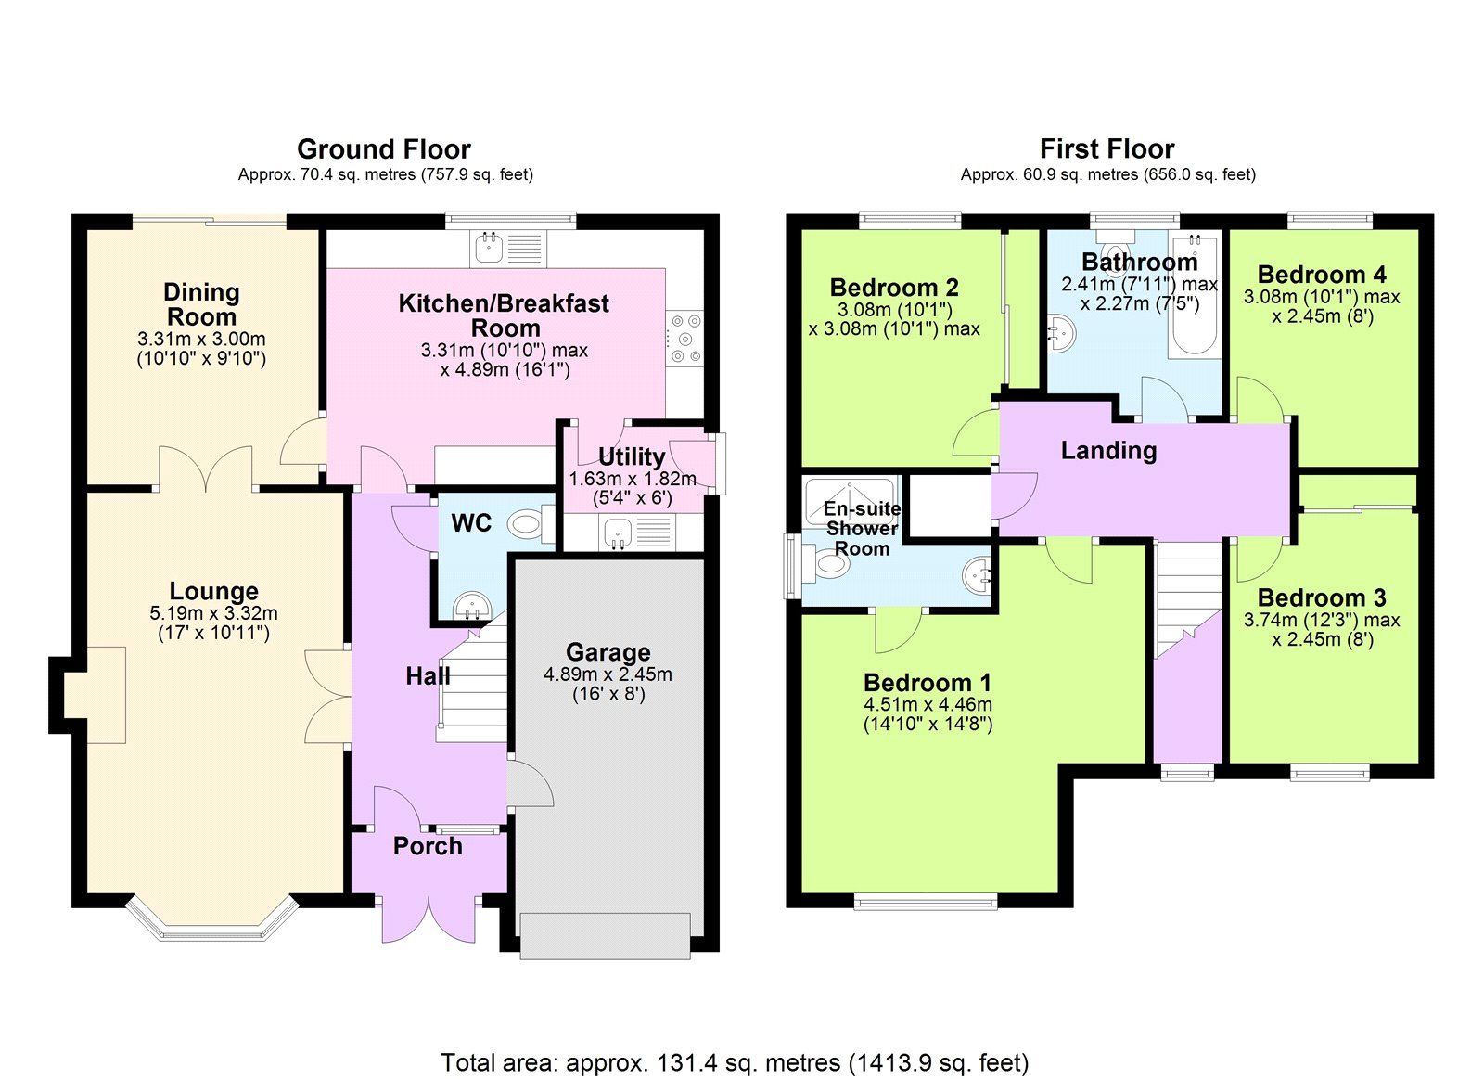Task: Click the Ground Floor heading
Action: [x=383, y=148]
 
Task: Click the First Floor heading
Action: [x=1107, y=148]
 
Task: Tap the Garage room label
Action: [x=608, y=652]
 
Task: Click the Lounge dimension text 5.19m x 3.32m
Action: [x=213, y=613]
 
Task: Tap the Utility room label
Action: [x=631, y=456]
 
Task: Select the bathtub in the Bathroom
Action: [x=1193, y=297]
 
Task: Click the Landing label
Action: [x=1108, y=451]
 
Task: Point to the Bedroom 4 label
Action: [x=1321, y=275]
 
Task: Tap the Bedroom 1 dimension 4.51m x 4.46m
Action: [x=927, y=704]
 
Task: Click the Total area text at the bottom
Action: [x=735, y=1061]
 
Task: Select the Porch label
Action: [x=428, y=846]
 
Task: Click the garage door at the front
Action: [x=605, y=934]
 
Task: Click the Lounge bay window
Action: [x=211, y=922]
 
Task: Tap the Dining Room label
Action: [x=201, y=304]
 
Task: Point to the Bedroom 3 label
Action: [x=1321, y=597]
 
